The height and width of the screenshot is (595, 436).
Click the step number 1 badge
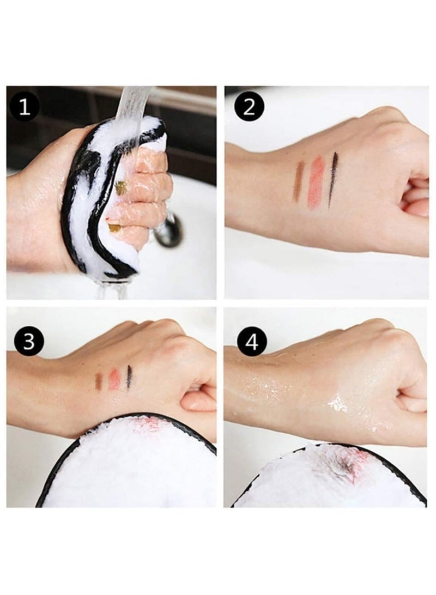[x=25, y=108]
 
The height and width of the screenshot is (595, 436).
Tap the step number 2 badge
[x=249, y=107]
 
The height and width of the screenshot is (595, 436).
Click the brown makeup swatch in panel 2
[x=299, y=182]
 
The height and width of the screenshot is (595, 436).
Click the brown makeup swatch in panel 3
[x=99, y=382]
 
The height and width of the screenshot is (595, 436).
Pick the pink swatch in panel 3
[x=114, y=379]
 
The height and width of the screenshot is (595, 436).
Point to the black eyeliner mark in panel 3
[x=129, y=377]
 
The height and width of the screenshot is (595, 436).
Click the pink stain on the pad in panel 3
[x=149, y=424]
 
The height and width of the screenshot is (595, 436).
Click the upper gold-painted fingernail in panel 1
[x=120, y=188]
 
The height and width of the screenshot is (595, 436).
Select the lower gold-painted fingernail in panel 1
[x=113, y=227]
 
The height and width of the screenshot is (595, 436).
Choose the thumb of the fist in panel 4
[x=410, y=404]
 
